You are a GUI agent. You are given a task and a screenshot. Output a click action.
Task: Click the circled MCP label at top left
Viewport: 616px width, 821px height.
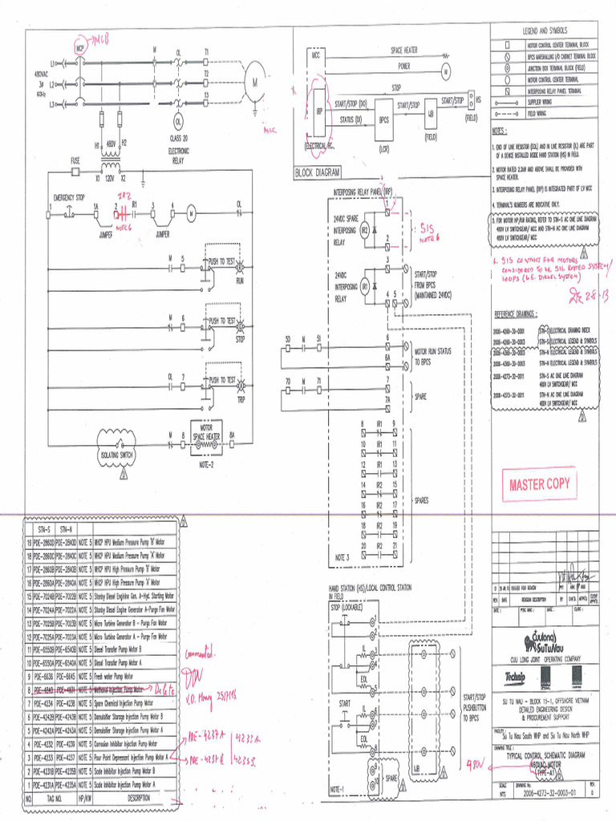click(x=80, y=48)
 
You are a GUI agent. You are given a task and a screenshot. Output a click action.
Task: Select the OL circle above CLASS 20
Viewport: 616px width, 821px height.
click(x=178, y=121)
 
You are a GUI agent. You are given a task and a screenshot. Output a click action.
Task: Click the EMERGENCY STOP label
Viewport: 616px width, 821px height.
click(x=69, y=196)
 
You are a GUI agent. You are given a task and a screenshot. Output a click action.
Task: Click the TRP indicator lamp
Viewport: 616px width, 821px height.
click(x=239, y=386)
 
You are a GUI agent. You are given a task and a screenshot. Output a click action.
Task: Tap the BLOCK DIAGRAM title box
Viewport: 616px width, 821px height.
click(x=318, y=172)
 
